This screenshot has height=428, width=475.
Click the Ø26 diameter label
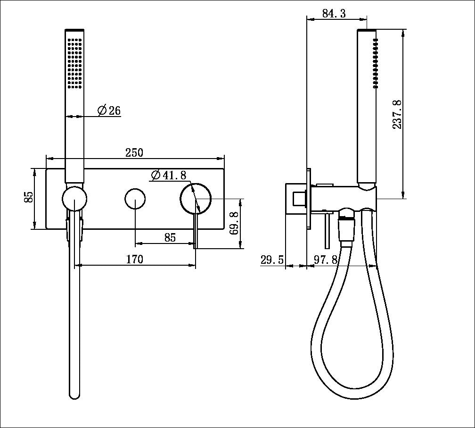click(109, 111)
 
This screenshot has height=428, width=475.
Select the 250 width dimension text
click(134, 152)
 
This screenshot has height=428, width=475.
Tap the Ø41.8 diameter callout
click(169, 175)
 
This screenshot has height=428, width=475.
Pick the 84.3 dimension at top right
click(334, 14)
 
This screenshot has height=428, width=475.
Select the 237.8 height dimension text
click(397, 114)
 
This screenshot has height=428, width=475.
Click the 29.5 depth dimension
click(272, 260)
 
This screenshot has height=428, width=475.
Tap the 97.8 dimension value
click(326, 260)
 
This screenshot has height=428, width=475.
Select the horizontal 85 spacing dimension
click(170, 237)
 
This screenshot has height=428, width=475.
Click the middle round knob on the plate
click(135, 198)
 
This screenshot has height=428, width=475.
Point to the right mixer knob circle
click(196, 199)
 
